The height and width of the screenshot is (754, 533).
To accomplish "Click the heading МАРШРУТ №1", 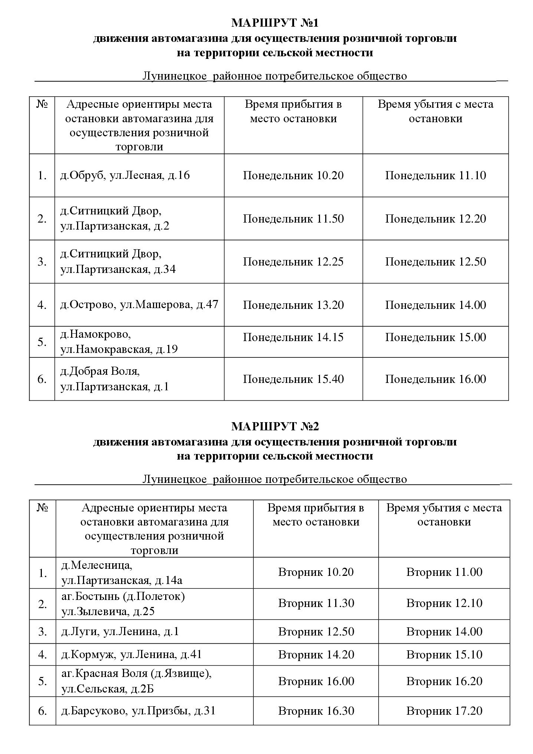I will pyautogui.click(x=275, y=23).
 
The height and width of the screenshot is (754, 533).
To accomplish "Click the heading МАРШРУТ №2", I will pyautogui.click(x=275, y=427).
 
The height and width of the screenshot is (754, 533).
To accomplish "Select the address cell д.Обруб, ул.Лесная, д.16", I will pyautogui.click(x=125, y=175).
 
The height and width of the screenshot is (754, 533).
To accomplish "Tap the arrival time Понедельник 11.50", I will pyautogui.click(x=293, y=218).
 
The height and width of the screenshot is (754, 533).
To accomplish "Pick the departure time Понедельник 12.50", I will pyautogui.click(x=435, y=262).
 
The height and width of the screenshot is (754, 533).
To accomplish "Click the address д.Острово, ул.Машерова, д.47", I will pyautogui.click(x=139, y=305).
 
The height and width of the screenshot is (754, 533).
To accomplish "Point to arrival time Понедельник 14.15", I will pyautogui.click(x=293, y=337).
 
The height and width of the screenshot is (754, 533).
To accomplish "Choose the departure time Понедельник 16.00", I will pyautogui.click(x=435, y=379).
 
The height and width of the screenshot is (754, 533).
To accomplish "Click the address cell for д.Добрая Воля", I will pyautogui.click(x=115, y=379).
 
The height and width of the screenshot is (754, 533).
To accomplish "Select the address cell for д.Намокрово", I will pyautogui.click(x=119, y=342).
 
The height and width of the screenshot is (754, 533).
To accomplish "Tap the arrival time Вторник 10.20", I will pyautogui.click(x=316, y=572).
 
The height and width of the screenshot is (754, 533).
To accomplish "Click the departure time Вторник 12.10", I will pyautogui.click(x=444, y=603).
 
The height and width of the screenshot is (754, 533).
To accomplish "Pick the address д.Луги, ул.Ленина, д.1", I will pyautogui.click(x=120, y=631).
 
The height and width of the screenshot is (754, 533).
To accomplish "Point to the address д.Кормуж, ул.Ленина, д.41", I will pyautogui.click(x=131, y=654).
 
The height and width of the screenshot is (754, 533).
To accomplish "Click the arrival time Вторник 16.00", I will pyautogui.click(x=316, y=681).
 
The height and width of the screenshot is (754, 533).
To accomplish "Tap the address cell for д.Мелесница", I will pyautogui.click(x=122, y=573).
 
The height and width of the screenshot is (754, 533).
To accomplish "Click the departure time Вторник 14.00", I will pyautogui.click(x=444, y=631).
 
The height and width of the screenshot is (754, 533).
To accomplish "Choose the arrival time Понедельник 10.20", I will pyautogui.click(x=293, y=175).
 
